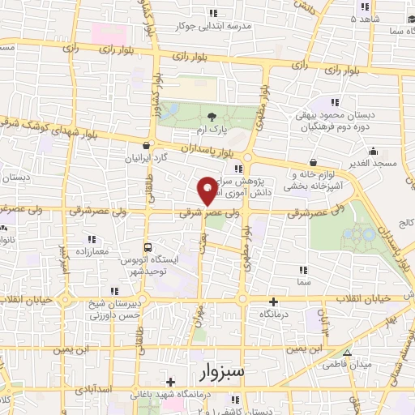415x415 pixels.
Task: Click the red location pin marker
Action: (207, 190)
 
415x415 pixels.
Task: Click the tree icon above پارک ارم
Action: (212, 117)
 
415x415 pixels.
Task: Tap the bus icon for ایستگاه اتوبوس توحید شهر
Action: (147, 248)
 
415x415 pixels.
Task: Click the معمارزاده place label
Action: (91, 251)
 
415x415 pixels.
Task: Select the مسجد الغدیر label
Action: (373, 163)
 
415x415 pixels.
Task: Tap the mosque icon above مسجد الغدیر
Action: (373, 151)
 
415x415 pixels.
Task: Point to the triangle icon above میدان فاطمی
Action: (346, 353)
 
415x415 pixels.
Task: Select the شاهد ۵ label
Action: (366, 18)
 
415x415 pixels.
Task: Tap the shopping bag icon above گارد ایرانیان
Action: (144, 147)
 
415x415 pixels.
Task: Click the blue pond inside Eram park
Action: (172, 110)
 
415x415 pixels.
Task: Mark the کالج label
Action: (404, 221)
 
